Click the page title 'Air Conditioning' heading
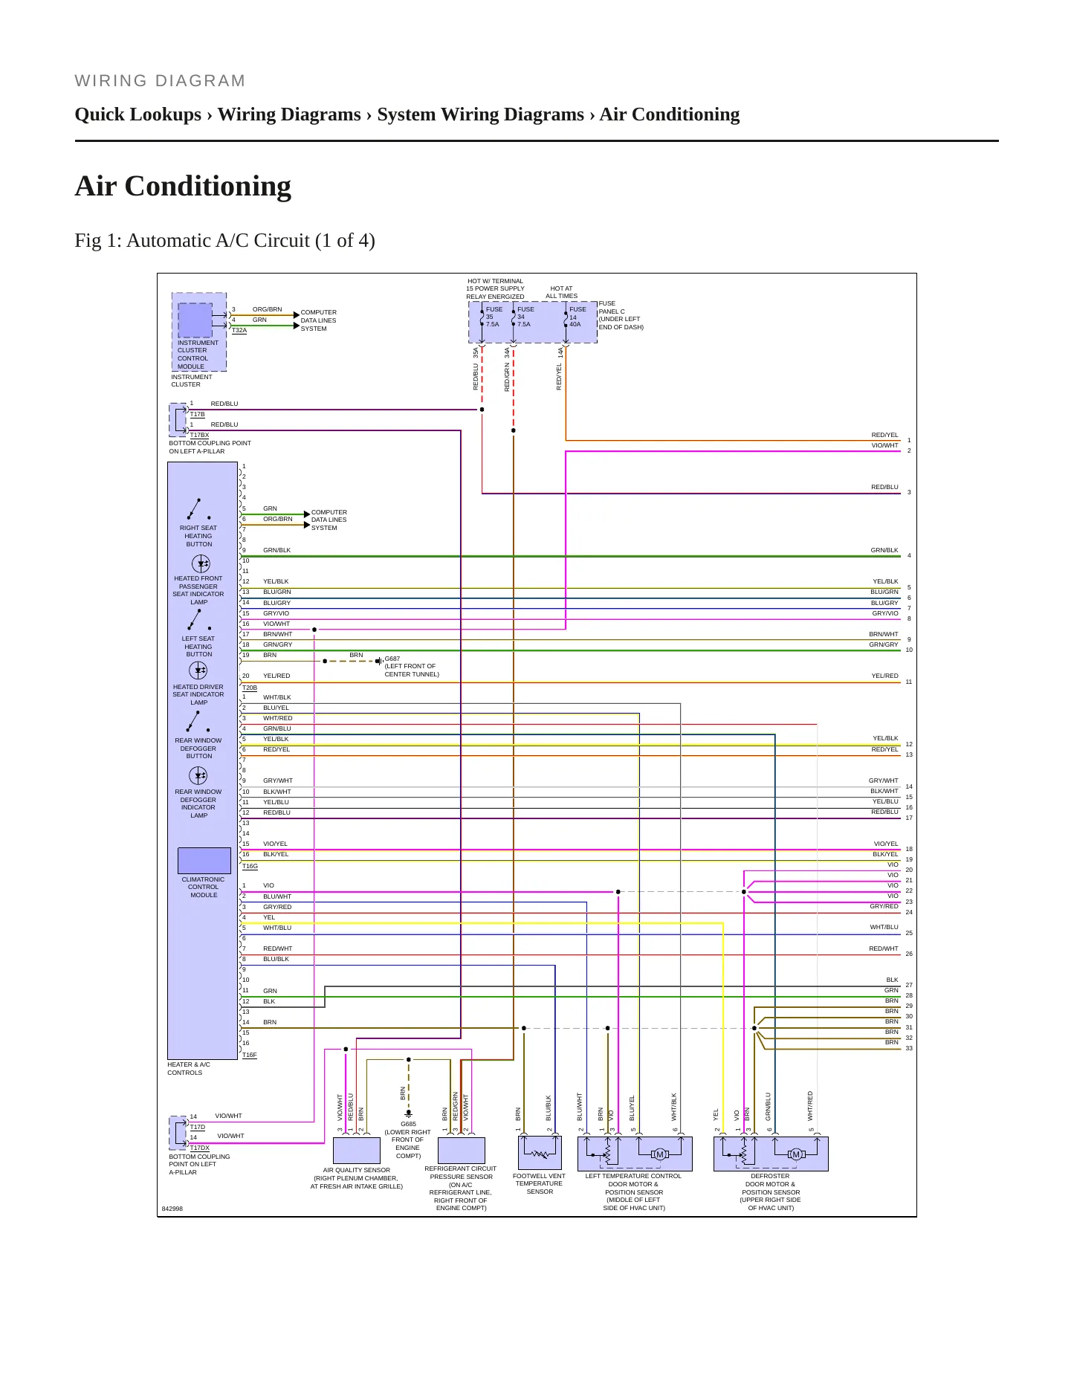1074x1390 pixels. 183,186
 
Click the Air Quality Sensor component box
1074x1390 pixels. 357,1150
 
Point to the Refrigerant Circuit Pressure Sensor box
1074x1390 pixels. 462,1150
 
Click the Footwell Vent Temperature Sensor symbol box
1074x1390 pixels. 540,1153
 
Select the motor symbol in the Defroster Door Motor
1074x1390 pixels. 796,1154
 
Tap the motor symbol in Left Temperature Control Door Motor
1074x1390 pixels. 659,1154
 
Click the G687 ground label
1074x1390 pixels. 392,659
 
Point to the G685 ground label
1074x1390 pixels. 408,1124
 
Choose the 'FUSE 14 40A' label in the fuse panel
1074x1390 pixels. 578,317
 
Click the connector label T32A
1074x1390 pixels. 239,330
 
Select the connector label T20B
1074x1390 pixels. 250,688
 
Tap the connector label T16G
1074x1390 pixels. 250,866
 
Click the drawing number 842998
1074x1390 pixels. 172,1209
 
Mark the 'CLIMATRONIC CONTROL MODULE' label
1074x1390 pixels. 203,887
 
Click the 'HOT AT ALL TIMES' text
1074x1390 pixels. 562,292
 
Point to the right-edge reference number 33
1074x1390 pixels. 909,1048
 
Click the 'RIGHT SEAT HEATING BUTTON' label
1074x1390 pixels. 198,536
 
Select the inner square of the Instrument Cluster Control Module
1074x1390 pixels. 195,320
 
